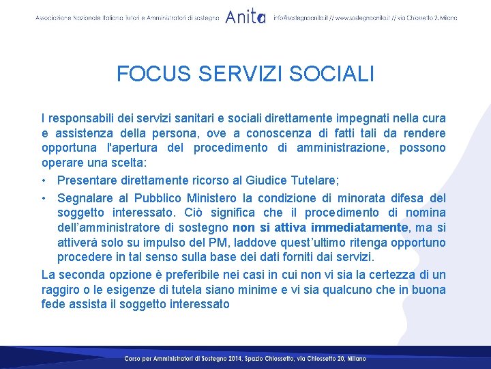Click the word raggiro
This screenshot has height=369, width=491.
tap(61, 290)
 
